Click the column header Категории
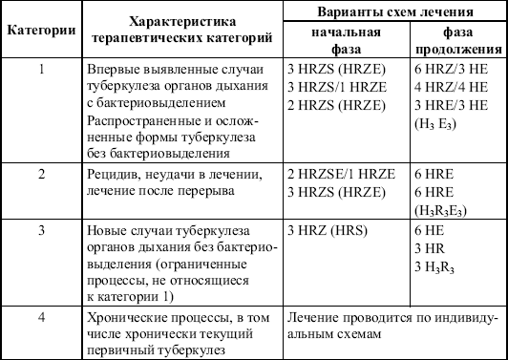point(42,30)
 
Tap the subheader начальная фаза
point(327,40)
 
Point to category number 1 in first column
point(41,71)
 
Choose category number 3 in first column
point(41,230)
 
